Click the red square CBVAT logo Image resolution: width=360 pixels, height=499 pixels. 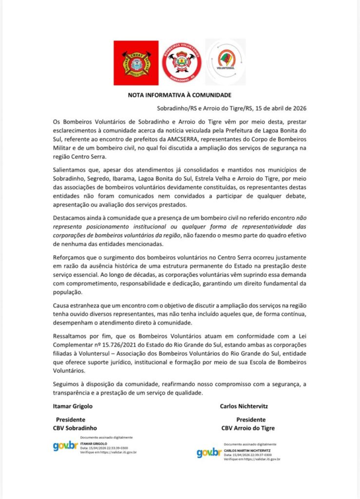[136, 63]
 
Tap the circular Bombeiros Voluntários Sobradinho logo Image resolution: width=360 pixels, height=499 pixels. [182, 62]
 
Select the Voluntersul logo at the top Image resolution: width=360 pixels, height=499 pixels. [226, 62]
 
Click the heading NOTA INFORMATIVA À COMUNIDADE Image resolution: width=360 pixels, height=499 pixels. [179, 95]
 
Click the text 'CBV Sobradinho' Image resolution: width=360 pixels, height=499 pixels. [75, 428]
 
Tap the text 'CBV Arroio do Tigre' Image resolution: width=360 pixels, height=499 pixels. [248, 428]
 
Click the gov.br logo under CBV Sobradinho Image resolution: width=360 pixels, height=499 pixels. [65, 445]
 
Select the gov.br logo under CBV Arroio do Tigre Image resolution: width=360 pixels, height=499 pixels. [209, 452]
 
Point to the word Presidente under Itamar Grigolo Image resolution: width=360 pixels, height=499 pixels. [71, 419]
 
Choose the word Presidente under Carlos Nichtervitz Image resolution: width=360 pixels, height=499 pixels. [251, 419]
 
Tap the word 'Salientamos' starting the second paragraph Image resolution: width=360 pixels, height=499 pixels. [71, 169]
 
